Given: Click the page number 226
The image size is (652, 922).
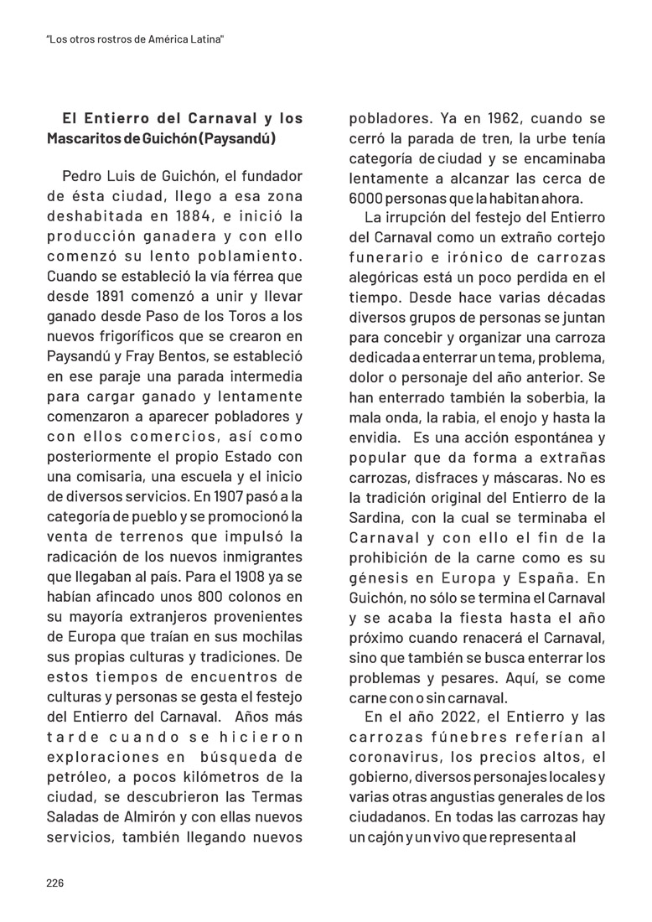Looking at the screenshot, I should tap(54, 883).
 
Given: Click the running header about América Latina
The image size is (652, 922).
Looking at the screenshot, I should tap(137, 39).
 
